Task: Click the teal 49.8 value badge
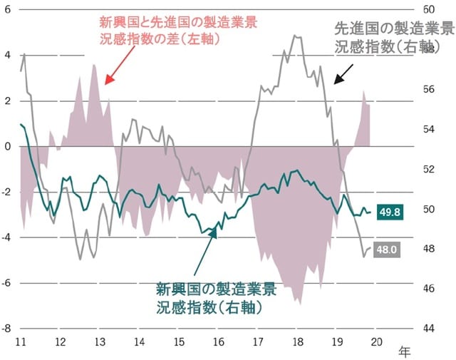click(391, 212)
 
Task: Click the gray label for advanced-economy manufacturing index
click(394, 38)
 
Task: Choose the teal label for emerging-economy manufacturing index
click(215, 299)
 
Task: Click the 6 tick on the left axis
click(8, 10)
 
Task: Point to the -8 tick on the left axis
click(6, 329)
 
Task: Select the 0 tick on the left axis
click(8, 146)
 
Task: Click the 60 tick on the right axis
click(429, 10)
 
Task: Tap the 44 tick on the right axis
click(429, 329)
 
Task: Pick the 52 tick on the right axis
click(429, 170)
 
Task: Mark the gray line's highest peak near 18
click(295, 35)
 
